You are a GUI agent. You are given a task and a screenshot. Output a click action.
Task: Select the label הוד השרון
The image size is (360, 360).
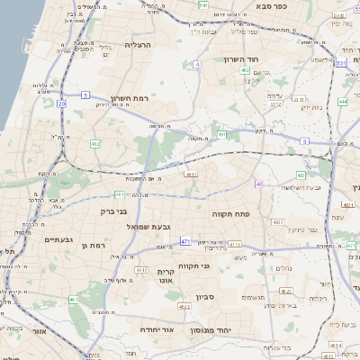pos(242,58)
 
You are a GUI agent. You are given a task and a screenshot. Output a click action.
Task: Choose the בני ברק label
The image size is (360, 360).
pos(107,211)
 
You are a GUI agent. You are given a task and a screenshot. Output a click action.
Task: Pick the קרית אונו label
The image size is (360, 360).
pos(166,275)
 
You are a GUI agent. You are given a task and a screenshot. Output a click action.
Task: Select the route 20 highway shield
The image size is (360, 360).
pos(61,104)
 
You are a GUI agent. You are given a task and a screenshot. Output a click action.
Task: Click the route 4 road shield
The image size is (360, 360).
pos(197,65)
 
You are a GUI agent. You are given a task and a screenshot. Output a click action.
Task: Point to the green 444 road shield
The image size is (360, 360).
pos(343,102)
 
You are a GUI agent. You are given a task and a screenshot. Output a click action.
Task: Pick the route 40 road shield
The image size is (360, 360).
pos(259,184)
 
